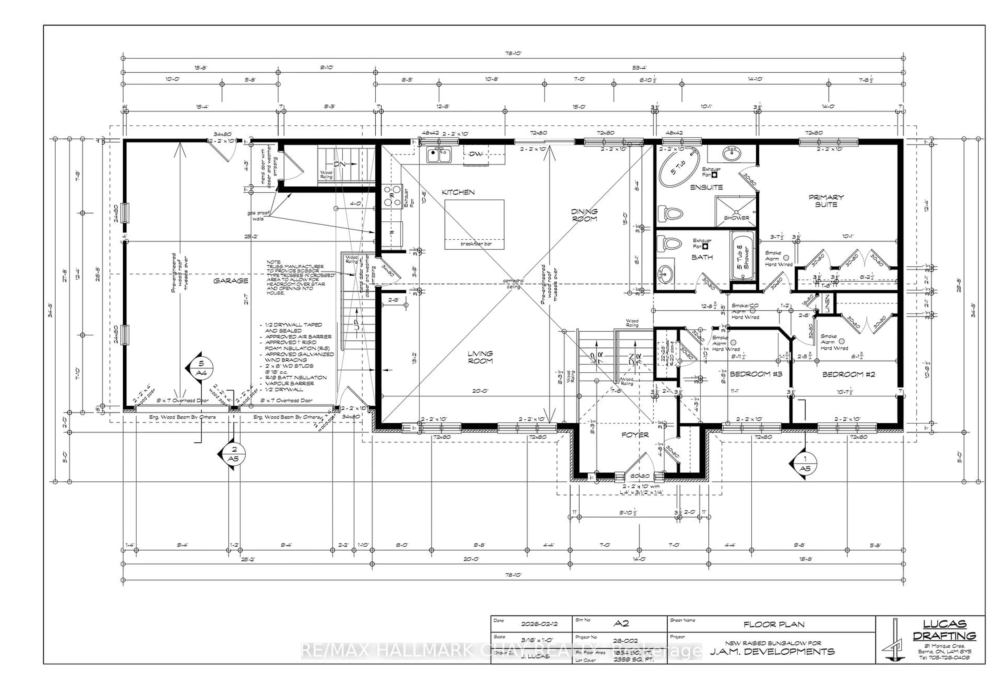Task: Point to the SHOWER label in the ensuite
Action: pyautogui.click(x=736, y=218)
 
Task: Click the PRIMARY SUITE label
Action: pyautogui.click(x=826, y=201)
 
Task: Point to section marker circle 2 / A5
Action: pyautogui.click(x=234, y=454)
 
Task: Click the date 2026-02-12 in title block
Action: pyautogui.click(x=539, y=624)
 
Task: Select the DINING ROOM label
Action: pyautogui.click(x=584, y=215)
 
